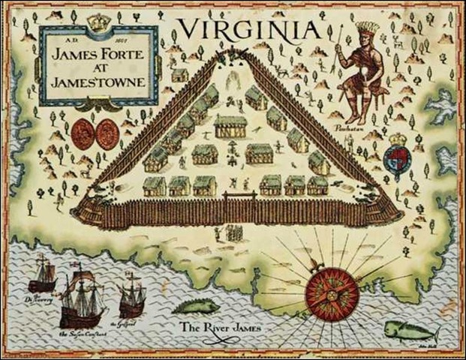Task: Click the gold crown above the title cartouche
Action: pyautogui.click(x=98, y=22)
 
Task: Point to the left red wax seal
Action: pyautogui.click(x=84, y=133)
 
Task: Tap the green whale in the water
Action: pyautogui.click(x=408, y=330)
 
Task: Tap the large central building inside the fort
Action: pyautogui.click(x=231, y=125)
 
